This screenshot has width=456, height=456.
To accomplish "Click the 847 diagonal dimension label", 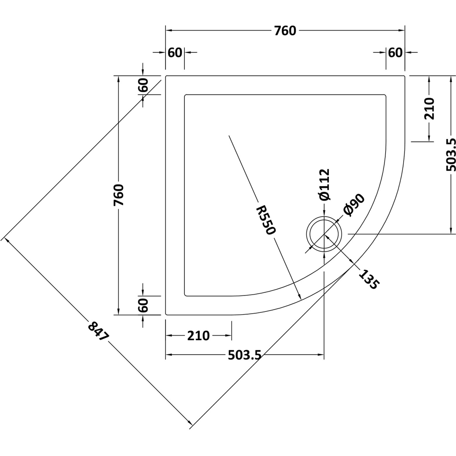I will tap(98, 332).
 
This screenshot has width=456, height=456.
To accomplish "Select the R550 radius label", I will tap(265, 220).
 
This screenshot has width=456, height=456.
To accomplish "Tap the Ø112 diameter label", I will tap(324, 185).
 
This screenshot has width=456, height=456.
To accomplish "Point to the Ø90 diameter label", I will tap(354, 205).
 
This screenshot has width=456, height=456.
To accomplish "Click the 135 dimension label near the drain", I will tap(368, 280).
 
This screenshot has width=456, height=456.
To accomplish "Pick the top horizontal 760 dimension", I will tap(285, 31).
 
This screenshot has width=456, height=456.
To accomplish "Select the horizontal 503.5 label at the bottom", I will tap(244, 355).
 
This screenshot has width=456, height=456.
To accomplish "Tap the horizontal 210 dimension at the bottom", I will tap(198, 336).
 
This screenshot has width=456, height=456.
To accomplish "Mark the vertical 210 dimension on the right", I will tap(429, 109).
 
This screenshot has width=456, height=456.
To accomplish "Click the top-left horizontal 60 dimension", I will tap(175, 53).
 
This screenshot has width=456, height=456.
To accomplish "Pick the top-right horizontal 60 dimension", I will tap(395, 53).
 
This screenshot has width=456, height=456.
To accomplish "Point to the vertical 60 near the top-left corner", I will tap(143, 85).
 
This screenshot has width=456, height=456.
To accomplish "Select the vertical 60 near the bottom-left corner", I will tap(143, 305).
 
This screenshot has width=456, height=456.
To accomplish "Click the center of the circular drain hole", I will tap(324, 234).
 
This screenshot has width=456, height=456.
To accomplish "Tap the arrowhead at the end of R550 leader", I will tap(301, 298).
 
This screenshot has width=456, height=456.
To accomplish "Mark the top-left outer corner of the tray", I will tap(166, 76).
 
